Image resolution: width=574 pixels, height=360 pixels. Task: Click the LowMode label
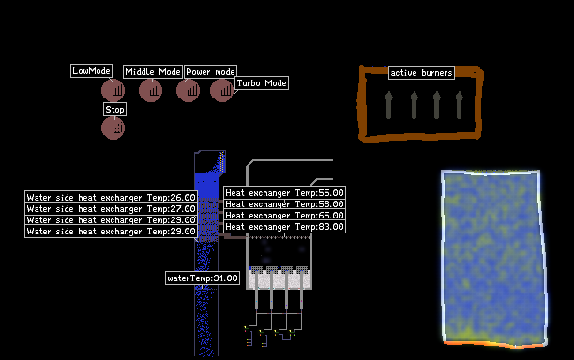click(x=91, y=70)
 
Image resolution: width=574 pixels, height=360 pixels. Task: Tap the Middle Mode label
click(x=153, y=71)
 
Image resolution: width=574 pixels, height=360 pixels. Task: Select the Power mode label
click(x=210, y=71)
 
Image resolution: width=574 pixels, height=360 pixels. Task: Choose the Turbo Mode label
click(x=262, y=83)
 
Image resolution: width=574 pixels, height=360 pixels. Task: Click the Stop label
click(x=114, y=109)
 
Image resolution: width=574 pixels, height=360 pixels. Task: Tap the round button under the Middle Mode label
click(x=150, y=90)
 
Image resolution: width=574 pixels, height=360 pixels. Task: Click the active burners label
click(x=421, y=73)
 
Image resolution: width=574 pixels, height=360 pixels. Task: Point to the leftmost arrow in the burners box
click(x=389, y=105)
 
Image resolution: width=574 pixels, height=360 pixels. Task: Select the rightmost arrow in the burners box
click(x=459, y=105)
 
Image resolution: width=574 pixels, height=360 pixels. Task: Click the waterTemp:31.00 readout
click(x=203, y=278)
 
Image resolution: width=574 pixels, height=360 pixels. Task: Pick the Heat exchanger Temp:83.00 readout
click(x=284, y=227)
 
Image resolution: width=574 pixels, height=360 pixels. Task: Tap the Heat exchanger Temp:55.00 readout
click(x=284, y=192)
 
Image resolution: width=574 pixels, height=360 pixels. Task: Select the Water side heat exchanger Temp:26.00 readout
click(x=111, y=197)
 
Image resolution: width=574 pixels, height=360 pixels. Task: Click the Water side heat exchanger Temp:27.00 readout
click(x=111, y=208)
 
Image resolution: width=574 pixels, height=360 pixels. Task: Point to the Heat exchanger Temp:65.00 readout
click(x=284, y=215)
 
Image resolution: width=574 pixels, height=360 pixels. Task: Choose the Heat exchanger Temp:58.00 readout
click(x=284, y=203)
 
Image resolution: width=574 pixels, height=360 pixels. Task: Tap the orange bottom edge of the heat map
click(x=494, y=344)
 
